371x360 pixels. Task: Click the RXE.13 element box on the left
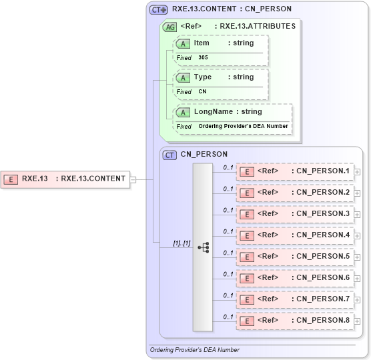66,179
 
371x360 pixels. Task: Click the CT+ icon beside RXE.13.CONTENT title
158,10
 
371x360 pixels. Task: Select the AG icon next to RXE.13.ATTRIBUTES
170,27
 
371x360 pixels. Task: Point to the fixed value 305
202,58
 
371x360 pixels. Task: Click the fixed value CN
202,92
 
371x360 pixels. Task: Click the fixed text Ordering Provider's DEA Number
243,126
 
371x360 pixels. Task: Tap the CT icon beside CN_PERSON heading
170,155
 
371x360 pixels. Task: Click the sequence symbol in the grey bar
203,247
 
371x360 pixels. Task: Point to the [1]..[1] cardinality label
181,243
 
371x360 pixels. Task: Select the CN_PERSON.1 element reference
295,171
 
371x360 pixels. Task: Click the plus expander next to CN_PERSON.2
358,193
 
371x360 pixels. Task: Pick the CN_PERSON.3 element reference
295,214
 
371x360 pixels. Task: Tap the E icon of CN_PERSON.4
246,235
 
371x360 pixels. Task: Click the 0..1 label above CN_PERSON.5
228,252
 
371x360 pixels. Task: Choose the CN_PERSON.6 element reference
295,278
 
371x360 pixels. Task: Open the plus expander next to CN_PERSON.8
358,321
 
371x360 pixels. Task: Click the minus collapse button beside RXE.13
133,179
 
